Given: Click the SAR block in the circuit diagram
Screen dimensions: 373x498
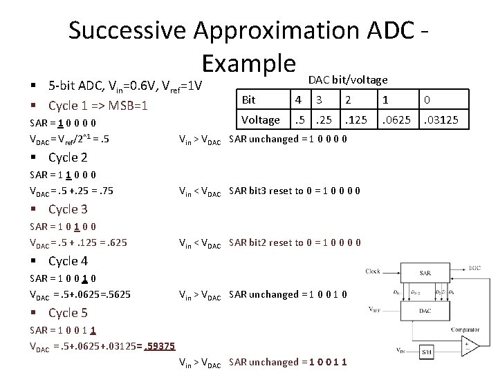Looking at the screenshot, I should (x=425, y=274).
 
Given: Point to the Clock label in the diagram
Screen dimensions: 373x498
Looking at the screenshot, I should (x=373, y=271).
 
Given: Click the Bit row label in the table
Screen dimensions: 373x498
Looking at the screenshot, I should (x=248, y=100).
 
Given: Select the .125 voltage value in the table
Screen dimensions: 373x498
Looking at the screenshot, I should (x=357, y=119).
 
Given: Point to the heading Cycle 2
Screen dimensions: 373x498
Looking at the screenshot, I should (x=68, y=157).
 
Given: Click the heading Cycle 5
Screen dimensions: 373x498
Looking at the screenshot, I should (x=68, y=312).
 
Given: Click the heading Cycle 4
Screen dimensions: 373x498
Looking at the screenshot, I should (x=68, y=260).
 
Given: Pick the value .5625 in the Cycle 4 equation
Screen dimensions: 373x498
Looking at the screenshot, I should (x=118, y=294).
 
